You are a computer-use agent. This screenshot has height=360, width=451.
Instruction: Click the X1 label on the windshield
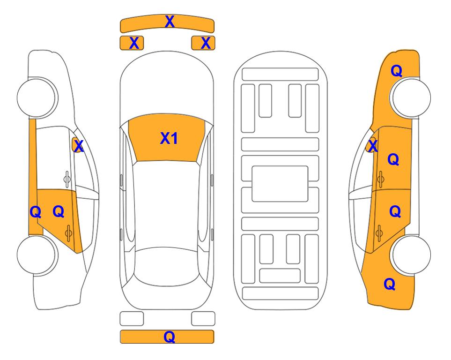pyautogui.click(x=169, y=138)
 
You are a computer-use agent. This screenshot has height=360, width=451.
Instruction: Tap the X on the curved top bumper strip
pyautogui.click(x=170, y=22)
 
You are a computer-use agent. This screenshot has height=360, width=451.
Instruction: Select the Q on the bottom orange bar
pyautogui.click(x=170, y=337)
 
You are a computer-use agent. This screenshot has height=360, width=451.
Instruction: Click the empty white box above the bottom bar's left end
pyautogui.click(x=132, y=319)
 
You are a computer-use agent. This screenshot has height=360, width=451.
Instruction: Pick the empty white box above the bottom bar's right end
pyautogui.click(x=203, y=319)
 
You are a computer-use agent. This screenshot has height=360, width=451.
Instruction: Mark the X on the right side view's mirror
pyautogui.click(x=373, y=145)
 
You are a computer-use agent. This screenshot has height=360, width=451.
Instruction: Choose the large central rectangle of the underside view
pyautogui.click(x=280, y=184)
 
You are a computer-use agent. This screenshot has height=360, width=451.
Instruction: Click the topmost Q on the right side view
pyautogui.click(x=396, y=71)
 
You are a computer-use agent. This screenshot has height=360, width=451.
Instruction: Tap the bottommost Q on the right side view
pyautogui.click(x=390, y=284)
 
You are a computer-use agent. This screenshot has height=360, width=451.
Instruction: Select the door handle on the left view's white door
pyautogui.click(x=67, y=179)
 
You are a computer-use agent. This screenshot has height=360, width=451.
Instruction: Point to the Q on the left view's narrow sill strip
pyautogui.click(x=36, y=212)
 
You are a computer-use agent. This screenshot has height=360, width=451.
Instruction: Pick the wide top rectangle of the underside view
pyautogui.click(x=280, y=75)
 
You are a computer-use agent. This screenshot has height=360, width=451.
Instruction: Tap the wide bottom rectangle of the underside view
pyautogui.click(x=281, y=293)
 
